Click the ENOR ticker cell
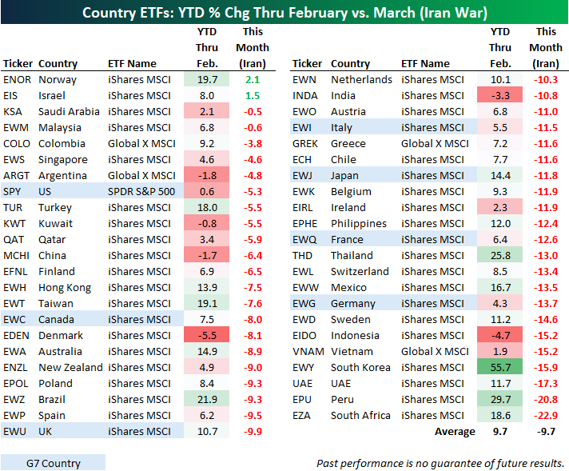coord(17,79)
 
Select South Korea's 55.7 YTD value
coord(500,367)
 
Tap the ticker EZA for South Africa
coord(303,415)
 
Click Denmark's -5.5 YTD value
coord(207,335)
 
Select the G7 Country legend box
coord(53,462)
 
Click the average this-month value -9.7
coord(546,431)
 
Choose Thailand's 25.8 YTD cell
coord(500,255)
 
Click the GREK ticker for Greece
coord(305,143)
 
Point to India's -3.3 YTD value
coord(500,95)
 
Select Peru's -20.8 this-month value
coord(546,399)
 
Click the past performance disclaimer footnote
coord(440,463)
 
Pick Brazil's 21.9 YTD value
coord(207,399)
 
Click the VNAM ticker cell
coord(308,351)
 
